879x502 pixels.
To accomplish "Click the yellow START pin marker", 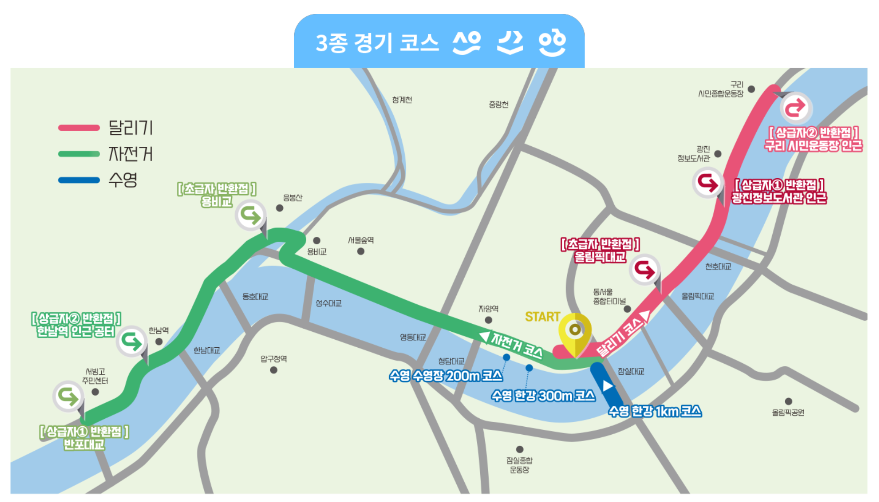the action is point(575,330).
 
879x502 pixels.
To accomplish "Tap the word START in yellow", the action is point(542,317).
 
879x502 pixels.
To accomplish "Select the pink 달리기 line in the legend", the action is point(79,128).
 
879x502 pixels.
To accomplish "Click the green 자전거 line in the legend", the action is point(79,154).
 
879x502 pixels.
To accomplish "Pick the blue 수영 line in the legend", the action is point(79,180).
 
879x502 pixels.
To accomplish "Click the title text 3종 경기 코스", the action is point(377,43).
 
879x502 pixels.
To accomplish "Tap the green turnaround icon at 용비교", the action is point(250,215).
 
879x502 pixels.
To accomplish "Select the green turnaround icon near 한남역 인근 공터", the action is point(132,341).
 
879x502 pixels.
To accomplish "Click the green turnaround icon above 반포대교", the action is point(68,396).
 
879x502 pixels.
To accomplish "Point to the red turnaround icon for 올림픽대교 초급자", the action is point(644,269).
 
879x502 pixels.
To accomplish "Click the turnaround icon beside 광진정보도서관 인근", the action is point(708,183).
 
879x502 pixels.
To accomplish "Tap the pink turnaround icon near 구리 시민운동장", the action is point(796,108).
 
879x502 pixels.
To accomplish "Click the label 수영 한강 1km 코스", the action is point(655,411).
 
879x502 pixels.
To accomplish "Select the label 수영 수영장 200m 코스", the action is point(445,375).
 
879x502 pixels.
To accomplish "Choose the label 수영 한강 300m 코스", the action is point(543,396).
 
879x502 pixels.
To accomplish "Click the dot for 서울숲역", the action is point(361,251).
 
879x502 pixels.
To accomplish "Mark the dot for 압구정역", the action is point(274,370).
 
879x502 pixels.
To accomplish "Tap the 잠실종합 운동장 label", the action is point(519,465).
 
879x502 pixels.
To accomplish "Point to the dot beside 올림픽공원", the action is point(788,402).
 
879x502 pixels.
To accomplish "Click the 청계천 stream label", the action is point(402,100).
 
